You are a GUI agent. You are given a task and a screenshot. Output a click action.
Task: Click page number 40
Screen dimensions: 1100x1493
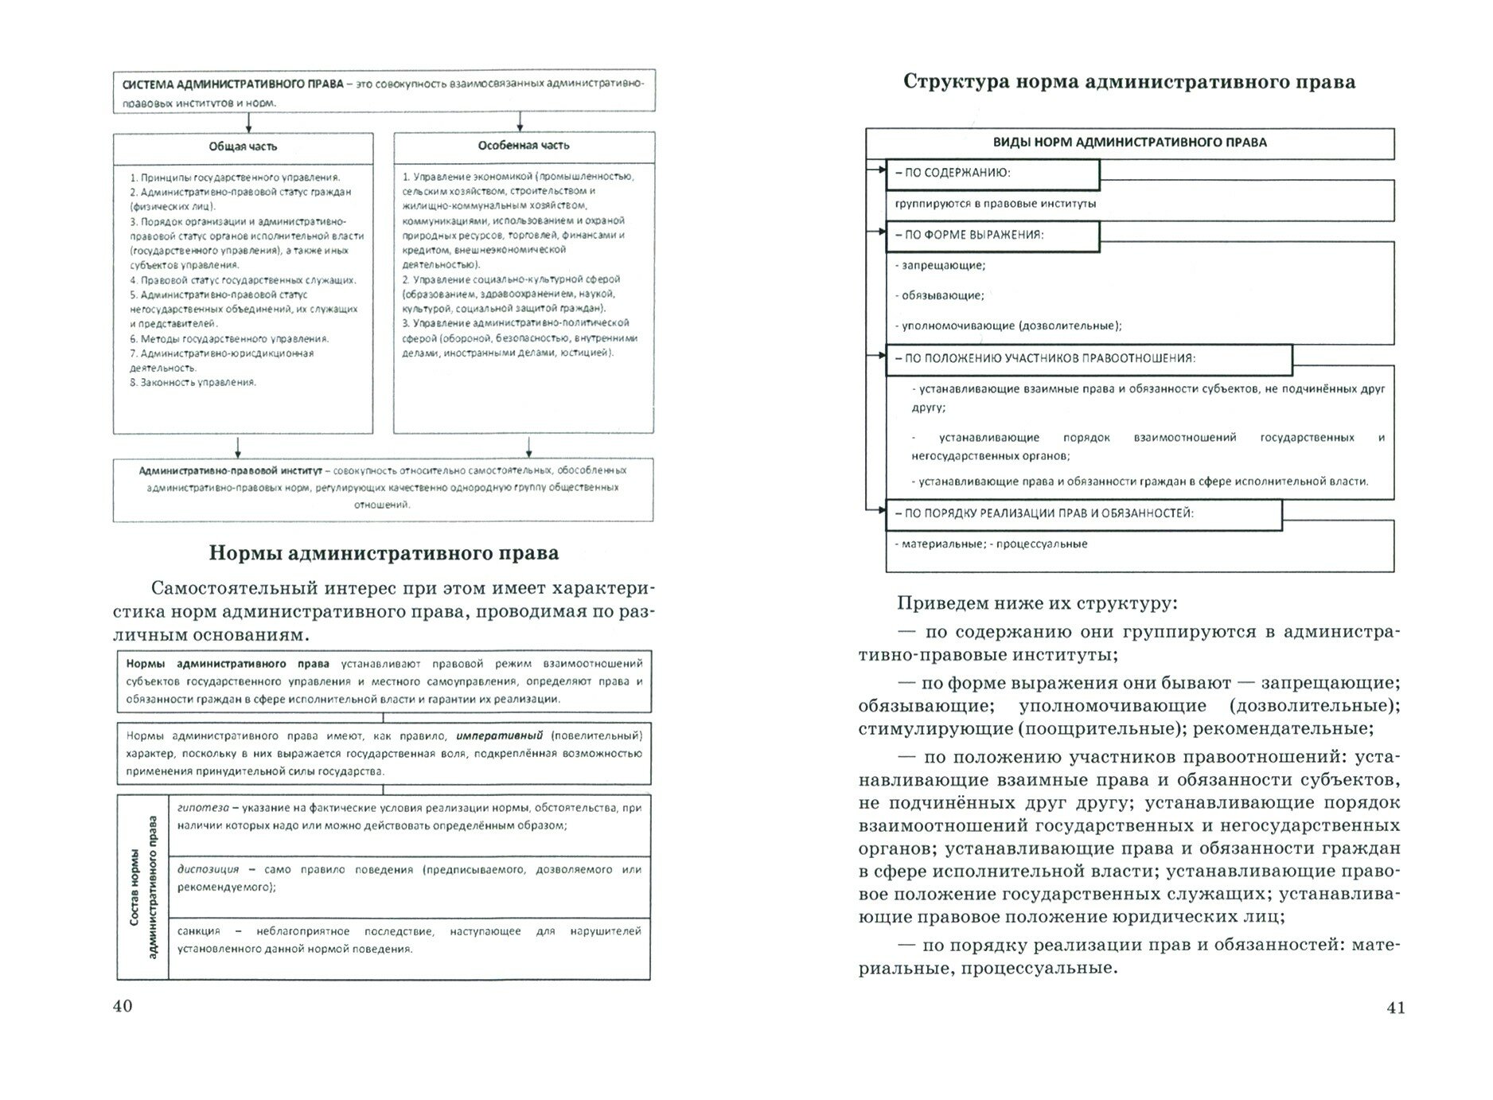(x=123, y=1006)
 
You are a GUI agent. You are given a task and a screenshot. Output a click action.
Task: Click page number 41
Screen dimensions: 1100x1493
(x=1396, y=1008)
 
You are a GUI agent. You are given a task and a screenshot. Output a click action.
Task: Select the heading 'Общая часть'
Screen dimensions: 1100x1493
(x=243, y=146)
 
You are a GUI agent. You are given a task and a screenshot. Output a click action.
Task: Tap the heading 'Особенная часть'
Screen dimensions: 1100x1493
(x=524, y=146)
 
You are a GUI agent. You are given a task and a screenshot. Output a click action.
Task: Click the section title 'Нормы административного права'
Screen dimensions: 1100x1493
(x=384, y=553)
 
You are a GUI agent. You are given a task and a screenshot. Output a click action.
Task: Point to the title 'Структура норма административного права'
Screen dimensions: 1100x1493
(x=1129, y=83)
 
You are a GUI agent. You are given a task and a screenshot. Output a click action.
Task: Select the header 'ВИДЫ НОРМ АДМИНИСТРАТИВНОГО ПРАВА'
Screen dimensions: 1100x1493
(x=1129, y=143)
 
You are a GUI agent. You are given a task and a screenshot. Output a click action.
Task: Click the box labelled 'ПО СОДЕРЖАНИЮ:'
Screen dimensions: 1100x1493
(x=992, y=174)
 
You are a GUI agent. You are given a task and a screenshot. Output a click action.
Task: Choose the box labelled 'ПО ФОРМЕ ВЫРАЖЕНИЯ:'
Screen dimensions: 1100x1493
(x=992, y=236)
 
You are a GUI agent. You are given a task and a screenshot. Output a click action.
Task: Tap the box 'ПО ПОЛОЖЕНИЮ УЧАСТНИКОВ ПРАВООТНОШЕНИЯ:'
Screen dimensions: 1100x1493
(x=1089, y=359)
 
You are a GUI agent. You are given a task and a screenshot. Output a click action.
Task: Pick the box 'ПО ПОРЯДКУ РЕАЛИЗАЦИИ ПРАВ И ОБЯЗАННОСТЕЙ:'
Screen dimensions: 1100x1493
(x=1083, y=514)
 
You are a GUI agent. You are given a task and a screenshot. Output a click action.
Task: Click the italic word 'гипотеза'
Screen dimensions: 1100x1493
(x=203, y=808)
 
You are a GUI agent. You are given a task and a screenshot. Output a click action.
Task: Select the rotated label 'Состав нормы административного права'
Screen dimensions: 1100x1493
(x=143, y=887)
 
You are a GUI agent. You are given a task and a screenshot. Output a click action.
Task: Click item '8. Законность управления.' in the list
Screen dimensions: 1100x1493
(x=193, y=383)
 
